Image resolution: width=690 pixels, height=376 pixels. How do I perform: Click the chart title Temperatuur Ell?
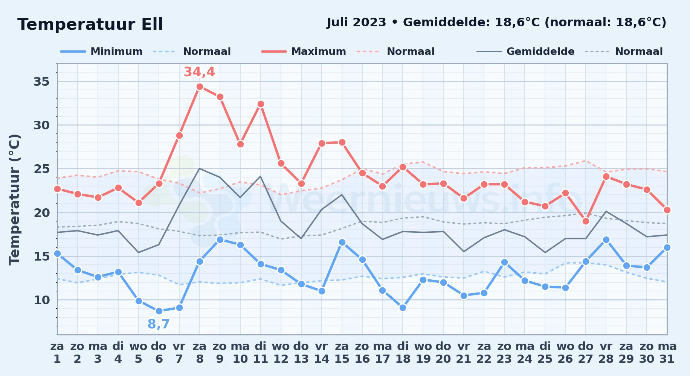coord(90,24)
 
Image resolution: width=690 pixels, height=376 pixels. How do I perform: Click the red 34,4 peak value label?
coord(199,72)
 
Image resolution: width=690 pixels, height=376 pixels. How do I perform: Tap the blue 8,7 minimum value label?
coord(159,324)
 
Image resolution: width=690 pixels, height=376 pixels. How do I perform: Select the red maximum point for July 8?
coord(200,86)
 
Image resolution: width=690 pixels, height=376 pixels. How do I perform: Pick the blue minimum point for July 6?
coord(159,311)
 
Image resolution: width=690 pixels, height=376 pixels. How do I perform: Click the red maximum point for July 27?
coord(586,221)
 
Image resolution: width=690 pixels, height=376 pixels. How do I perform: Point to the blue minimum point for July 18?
coord(403,308)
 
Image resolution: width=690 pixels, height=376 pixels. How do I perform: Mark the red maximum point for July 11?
coord(261,104)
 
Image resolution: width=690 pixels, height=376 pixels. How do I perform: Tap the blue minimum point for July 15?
coord(342,242)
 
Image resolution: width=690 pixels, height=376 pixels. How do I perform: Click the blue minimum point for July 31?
coord(667,247)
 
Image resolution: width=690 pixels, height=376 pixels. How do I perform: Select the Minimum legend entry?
coord(102,52)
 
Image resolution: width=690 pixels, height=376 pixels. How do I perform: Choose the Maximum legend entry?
coord(304,52)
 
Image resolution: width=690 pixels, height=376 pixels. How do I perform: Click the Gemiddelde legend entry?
coord(526,52)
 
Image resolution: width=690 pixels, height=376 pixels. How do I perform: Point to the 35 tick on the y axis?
coord(42,82)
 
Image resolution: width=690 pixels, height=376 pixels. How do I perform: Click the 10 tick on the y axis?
coord(42,300)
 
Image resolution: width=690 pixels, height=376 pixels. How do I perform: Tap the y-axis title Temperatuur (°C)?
coord(15,199)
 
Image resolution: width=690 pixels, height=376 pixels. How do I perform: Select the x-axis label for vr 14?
coord(322,353)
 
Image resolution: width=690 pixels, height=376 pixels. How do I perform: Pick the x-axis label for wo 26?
coord(565,353)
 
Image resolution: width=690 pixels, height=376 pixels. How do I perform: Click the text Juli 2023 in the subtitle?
coord(356,23)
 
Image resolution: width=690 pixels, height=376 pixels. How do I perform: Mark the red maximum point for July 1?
coord(57,189)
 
